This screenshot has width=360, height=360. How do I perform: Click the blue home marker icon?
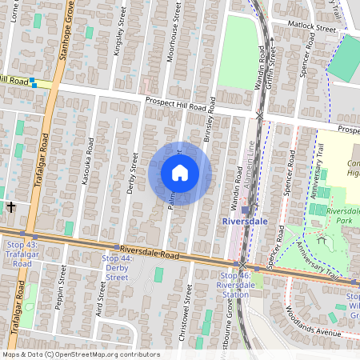coord(180,173)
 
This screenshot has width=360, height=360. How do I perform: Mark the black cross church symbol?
coord(11,206)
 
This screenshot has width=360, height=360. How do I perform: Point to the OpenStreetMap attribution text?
coord(81,354)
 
